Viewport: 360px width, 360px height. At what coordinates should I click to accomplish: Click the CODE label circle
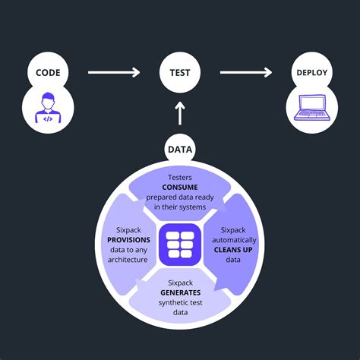48,74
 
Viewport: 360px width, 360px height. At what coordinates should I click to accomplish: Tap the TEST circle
180,74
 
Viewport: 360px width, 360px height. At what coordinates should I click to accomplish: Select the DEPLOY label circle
311,74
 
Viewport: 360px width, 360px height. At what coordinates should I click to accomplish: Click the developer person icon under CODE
48,106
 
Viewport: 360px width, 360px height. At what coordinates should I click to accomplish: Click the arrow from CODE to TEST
113,73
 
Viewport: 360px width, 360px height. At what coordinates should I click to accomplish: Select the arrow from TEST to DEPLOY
245,73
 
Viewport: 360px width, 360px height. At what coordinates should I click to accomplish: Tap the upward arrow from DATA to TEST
180,114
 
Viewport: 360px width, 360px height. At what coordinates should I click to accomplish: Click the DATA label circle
180,150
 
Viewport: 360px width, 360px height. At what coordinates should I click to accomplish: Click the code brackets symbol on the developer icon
48,118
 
